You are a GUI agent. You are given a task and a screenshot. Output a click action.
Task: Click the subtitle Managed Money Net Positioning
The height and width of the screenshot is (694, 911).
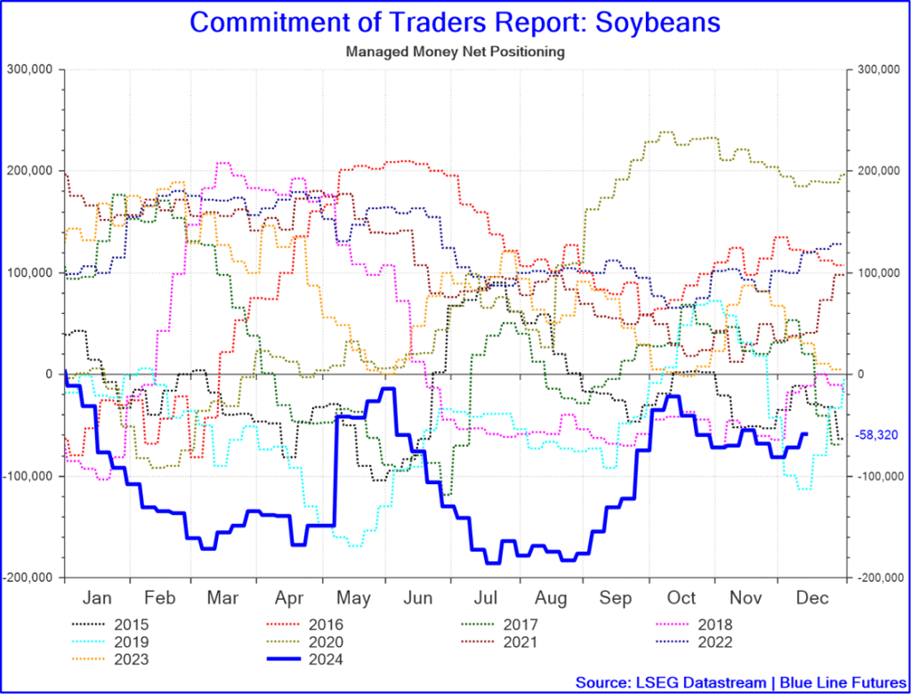coord(455,52)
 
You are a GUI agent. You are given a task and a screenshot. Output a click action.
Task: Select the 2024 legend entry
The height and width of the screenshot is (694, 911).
coord(328,659)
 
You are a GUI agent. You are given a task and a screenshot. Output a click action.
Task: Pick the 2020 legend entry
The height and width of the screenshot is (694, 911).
coord(328,642)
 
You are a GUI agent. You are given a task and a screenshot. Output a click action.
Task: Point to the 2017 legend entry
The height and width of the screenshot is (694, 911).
coord(521,625)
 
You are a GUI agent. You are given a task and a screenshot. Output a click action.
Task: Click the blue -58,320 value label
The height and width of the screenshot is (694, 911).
coord(876,435)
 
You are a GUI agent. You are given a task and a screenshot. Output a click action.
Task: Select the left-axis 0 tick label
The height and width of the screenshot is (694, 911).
coord(52,374)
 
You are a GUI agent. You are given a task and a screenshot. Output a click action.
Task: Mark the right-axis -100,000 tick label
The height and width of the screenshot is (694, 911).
coord(877,476)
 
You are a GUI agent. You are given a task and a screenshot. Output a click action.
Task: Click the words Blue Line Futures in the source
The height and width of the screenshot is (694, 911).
coord(840,682)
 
